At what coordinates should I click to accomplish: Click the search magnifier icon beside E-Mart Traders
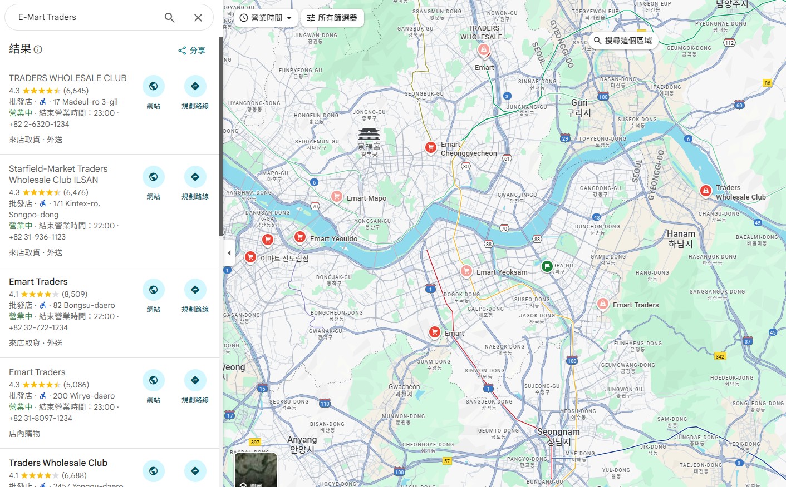tap(170, 18)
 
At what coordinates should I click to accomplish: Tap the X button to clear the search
tap(198, 18)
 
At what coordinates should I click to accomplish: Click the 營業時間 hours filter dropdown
tap(266, 18)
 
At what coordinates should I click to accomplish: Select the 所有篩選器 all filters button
tap(332, 18)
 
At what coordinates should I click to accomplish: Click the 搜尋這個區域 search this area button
tap(622, 41)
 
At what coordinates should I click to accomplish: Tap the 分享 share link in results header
tap(191, 51)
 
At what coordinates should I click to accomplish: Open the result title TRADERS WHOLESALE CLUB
tap(68, 78)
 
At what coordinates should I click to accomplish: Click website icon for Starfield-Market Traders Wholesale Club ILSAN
tap(153, 177)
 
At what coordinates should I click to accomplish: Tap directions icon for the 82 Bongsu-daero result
tap(195, 290)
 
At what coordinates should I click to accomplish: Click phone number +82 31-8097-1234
tap(41, 418)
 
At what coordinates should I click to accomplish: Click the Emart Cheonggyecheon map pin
tap(430, 147)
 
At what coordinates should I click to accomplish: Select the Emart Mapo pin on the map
tap(337, 196)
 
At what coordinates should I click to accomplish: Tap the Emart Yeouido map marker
tap(300, 237)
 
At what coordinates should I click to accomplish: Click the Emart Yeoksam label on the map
tap(502, 272)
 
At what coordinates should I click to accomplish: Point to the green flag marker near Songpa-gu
tap(547, 266)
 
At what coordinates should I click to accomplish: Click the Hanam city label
tap(681, 238)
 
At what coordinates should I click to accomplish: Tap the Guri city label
tap(579, 107)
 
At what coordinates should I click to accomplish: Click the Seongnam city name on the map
tap(558, 436)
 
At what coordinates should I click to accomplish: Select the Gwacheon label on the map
tap(404, 390)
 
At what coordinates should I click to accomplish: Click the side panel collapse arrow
tap(229, 253)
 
